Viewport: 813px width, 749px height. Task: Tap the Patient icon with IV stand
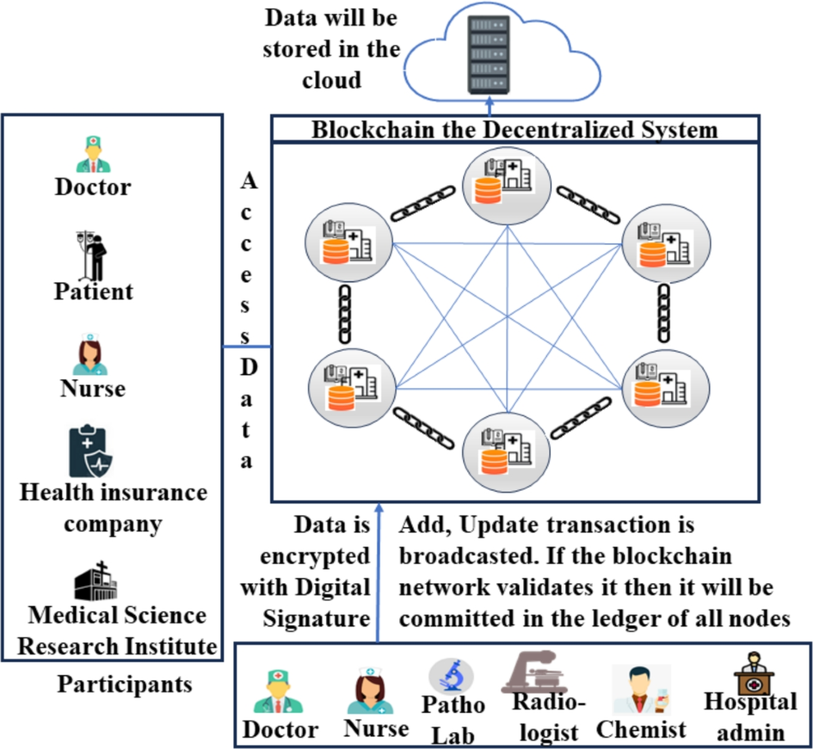click(x=93, y=257)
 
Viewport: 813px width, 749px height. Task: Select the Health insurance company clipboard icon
click(x=90, y=452)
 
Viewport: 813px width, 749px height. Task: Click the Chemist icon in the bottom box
click(x=640, y=691)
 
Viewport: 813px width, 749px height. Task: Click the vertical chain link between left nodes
click(x=345, y=313)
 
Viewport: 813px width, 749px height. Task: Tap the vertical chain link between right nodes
click(x=664, y=313)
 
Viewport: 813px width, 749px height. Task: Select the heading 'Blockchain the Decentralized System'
click(x=514, y=129)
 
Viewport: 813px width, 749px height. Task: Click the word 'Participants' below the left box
click(x=125, y=684)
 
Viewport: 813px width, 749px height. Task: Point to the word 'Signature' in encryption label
click(x=316, y=618)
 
